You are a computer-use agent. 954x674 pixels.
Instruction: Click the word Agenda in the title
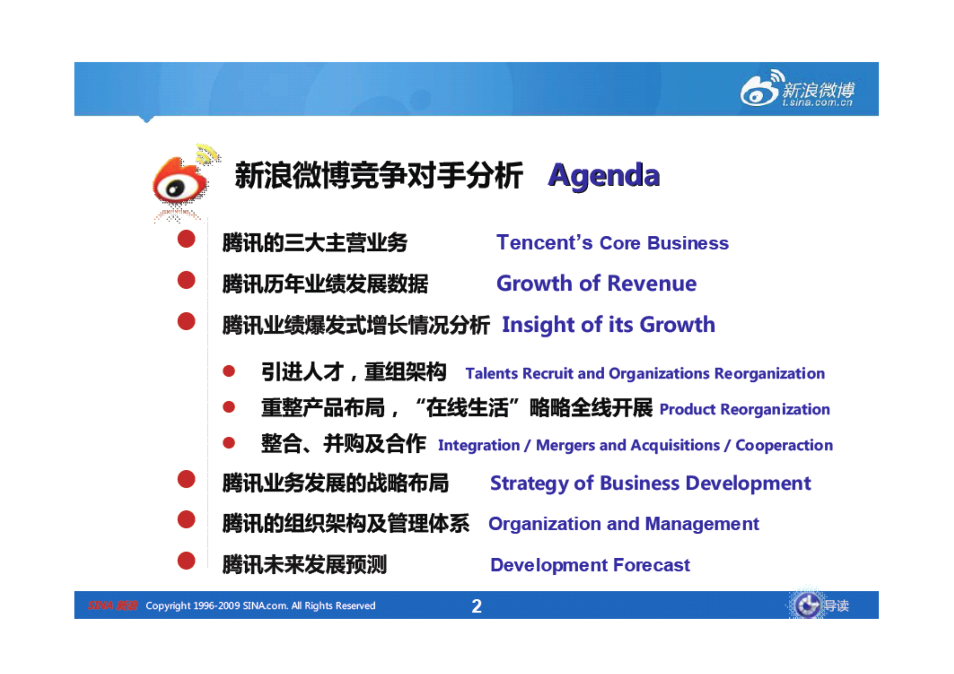click(x=603, y=175)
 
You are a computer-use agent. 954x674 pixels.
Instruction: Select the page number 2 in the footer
click(x=476, y=606)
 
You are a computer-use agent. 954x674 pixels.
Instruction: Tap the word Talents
click(x=492, y=374)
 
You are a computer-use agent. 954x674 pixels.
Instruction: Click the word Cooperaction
click(x=784, y=446)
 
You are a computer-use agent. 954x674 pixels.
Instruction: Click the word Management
click(x=702, y=524)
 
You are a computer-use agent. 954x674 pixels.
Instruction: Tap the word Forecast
click(x=651, y=565)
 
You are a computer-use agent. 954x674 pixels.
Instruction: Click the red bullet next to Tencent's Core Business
click(x=186, y=239)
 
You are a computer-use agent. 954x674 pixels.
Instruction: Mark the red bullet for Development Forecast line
click(x=186, y=561)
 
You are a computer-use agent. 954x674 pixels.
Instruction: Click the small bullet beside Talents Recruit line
click(x=229, y=371)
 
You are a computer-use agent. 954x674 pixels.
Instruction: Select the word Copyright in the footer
click(x=167, y=606)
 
